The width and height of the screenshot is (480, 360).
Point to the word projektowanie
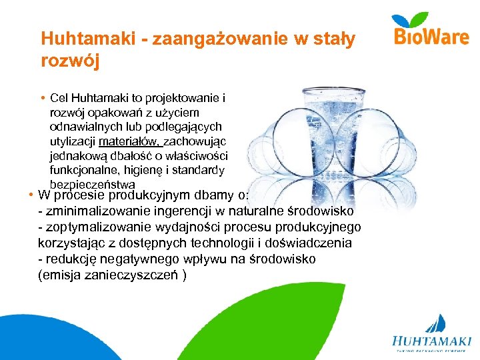(x=187, y=99)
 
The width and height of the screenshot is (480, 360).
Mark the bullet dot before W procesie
(x=31, y=196)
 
